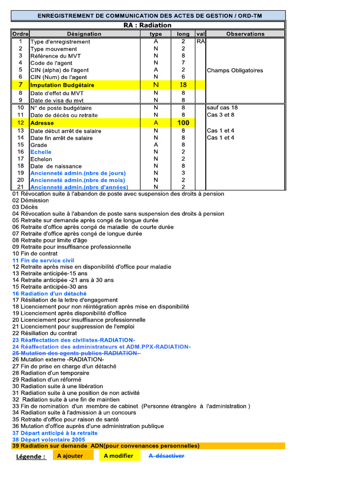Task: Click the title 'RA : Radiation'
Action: point(148,25)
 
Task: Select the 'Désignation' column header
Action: point(84,34)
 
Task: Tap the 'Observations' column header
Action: point(245,34)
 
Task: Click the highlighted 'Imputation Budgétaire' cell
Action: point(62,85)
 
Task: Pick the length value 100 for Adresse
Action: point(183,123)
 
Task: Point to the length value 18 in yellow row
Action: point(183,85)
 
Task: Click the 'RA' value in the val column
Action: point(201,42)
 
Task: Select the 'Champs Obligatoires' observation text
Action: point(235,71)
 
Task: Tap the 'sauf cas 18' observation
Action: point(222,108)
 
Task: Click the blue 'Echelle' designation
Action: point(41,152)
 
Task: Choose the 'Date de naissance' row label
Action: point(56,166)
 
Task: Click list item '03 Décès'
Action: point(25,207)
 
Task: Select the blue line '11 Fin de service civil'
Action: point(43,260)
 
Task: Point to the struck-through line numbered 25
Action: point(77,353)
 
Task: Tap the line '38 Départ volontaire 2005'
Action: point(49,440)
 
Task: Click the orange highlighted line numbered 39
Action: point(106,446)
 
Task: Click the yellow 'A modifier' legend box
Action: point(119,456)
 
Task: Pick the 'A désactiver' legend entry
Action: point(166,456)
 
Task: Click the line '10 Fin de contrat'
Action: point(36,254)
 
